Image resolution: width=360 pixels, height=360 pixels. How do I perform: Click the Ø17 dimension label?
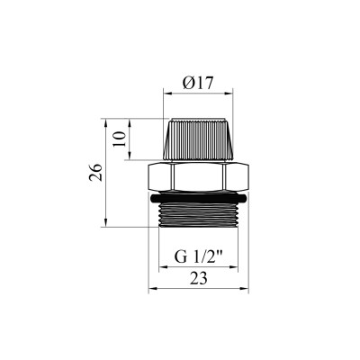(196, 81)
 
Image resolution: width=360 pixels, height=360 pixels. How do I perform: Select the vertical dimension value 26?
(94, 171)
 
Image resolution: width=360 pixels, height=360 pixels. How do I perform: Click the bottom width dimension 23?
(197, 279)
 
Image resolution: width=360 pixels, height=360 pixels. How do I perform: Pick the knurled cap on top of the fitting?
(197, 139)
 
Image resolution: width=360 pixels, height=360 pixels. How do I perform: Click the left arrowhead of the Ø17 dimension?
(166, 92)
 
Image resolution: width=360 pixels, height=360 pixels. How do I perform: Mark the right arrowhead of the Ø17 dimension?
(229, 92)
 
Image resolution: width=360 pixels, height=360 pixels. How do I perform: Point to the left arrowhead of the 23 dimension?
(150, 290)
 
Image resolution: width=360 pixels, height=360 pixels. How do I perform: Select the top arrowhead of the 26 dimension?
(107, 119)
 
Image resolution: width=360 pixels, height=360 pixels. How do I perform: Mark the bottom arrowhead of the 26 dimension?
(107, 225)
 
